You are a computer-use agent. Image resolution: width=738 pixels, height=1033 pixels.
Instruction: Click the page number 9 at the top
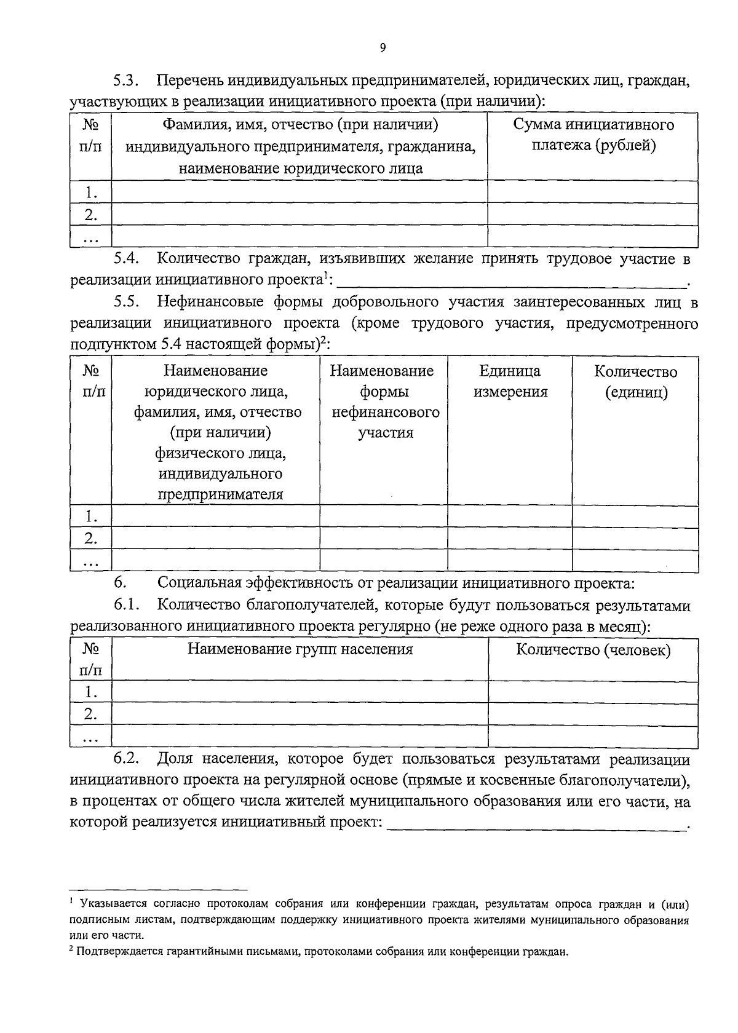pos(383,49)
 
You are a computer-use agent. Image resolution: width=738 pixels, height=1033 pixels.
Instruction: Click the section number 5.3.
pos(127,81)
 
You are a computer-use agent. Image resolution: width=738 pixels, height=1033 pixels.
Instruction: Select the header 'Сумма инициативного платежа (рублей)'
pos(593,135)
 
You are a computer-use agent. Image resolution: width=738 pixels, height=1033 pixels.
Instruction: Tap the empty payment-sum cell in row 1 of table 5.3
pos(593,192)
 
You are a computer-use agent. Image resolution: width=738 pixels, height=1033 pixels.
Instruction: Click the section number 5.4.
pos(127,259)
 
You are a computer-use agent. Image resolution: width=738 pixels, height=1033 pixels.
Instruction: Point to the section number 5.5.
pos(127,302)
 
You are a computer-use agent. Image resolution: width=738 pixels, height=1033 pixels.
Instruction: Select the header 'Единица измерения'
pos(510,381)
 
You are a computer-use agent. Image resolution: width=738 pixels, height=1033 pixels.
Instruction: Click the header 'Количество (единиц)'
pos(635,382)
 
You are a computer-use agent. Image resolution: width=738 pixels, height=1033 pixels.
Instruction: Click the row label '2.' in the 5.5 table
pos(91,539)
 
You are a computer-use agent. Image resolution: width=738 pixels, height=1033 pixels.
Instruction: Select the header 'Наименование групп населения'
pos(300,649)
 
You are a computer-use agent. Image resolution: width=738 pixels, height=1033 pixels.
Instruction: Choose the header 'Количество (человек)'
pos(593,651)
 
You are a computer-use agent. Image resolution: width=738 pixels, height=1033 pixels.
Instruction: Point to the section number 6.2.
pos(127,760)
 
